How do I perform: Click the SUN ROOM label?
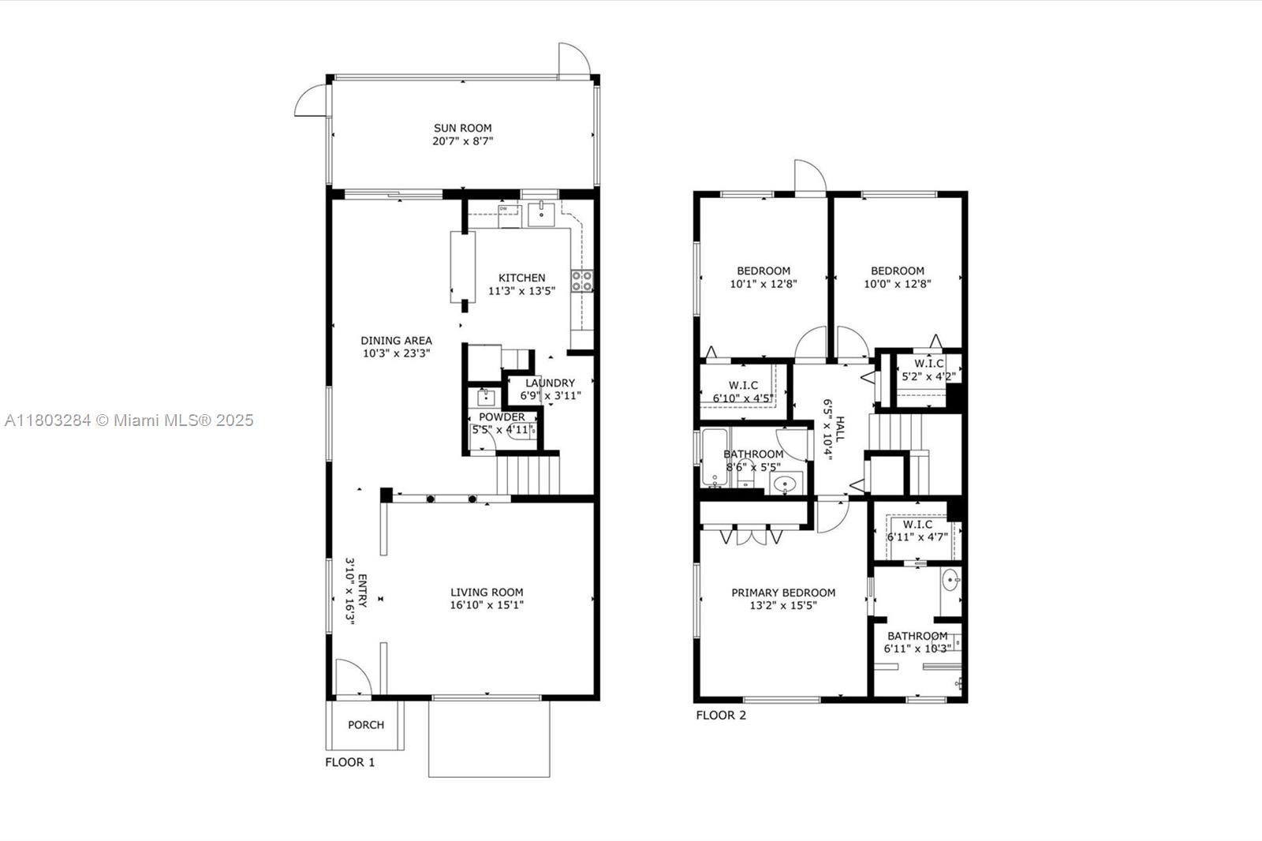(x=462, y=128)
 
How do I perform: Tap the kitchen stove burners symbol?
(x=582, y=281)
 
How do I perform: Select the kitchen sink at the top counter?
(x=541, y=215)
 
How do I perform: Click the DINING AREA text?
(x=396, y=341)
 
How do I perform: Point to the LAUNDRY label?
(x=550, y=383)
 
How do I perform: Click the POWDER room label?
(x=502, y=417)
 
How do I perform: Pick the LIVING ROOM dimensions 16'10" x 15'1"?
(x=487, y=605)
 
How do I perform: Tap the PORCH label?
(x=366, y=725)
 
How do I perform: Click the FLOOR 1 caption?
(x=349, y=762)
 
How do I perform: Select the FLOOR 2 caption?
(x=721, y=716)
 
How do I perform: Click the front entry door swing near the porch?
(x=354, y=676)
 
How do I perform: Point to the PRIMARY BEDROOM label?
(x=783, y=592)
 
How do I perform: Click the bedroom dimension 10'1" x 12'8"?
(x=764, y=284)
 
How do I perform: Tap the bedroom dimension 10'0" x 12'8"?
(x=897, y=284)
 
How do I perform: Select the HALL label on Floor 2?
(x=840, y=429)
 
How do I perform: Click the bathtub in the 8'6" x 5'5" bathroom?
(x=715, y=458)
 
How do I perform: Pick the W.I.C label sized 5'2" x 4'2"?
(x=928, y=364)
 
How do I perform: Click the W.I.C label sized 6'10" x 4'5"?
(x=742, y=385)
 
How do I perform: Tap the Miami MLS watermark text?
(x=129, y=420)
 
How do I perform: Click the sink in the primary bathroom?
(x=951, y=580)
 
